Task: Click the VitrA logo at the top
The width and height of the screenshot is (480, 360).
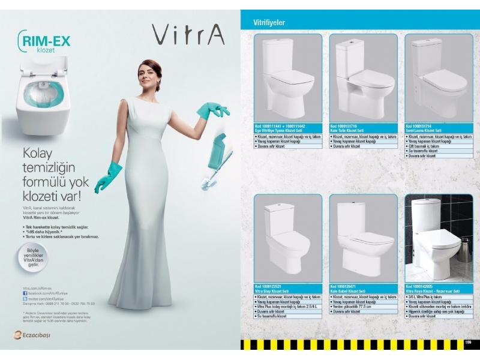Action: (188, 34)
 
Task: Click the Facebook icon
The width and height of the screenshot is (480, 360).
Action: (26, 292)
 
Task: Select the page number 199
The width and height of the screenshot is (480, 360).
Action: (468, 343)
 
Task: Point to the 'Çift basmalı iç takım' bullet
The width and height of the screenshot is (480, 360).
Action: (429, 146)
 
